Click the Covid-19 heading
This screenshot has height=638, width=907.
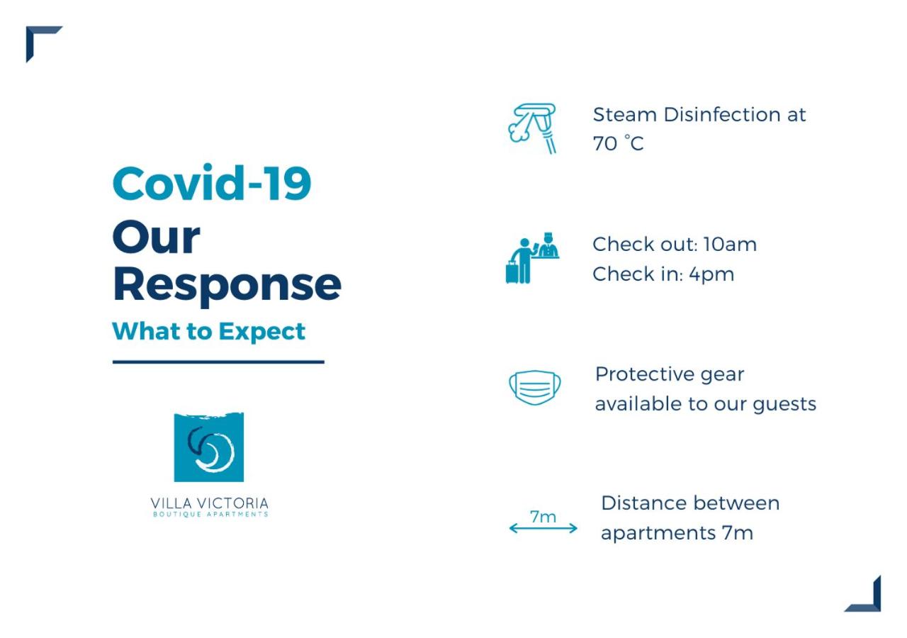point(212,183)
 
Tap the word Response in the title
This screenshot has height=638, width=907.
point(227,286)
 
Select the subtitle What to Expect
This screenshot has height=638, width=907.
point(208,332)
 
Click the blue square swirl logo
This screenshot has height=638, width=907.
point(209,447)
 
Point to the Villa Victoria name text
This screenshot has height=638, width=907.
point(209,503)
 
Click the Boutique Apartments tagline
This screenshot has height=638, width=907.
point(210,515)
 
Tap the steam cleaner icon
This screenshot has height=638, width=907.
point(532,128)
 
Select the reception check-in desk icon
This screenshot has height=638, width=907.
point(532,258)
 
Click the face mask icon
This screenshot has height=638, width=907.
point(535,388)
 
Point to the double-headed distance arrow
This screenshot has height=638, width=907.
point(543,528)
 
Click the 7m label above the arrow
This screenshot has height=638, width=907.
point(543,517)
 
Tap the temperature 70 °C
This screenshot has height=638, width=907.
point(618,143)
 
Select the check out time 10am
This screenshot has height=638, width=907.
point(730,245)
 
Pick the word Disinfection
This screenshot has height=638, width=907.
point(722,115)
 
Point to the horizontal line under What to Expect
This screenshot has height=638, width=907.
point(218,362)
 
